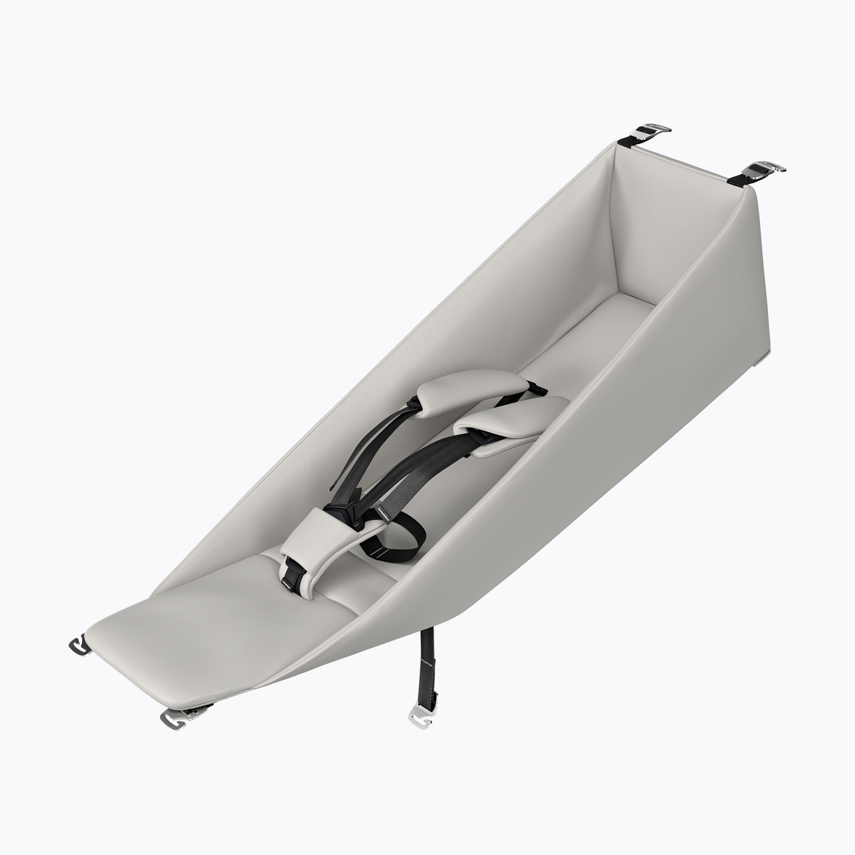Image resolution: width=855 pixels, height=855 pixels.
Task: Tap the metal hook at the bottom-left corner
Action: click(x=80, y=646)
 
